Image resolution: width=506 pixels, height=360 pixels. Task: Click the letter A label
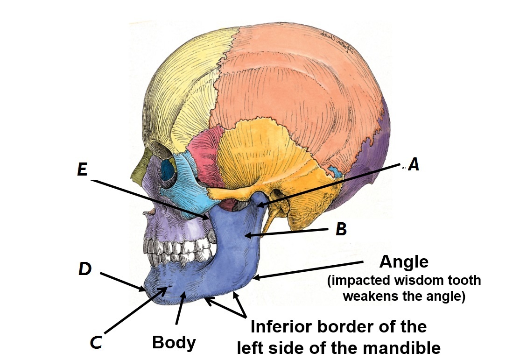click(x=413, y=164)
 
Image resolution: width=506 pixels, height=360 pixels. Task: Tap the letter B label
click(x=341, y=229)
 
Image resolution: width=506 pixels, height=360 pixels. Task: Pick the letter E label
click(x=82, y=170)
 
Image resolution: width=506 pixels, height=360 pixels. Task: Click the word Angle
click(x=404, y=262)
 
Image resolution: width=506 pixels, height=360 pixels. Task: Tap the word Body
click(x=174, y=343)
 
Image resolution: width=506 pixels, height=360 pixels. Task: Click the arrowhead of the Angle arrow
click(x=255, y=278)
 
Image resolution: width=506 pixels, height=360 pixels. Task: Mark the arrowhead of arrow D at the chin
click(x=144, y=289)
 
